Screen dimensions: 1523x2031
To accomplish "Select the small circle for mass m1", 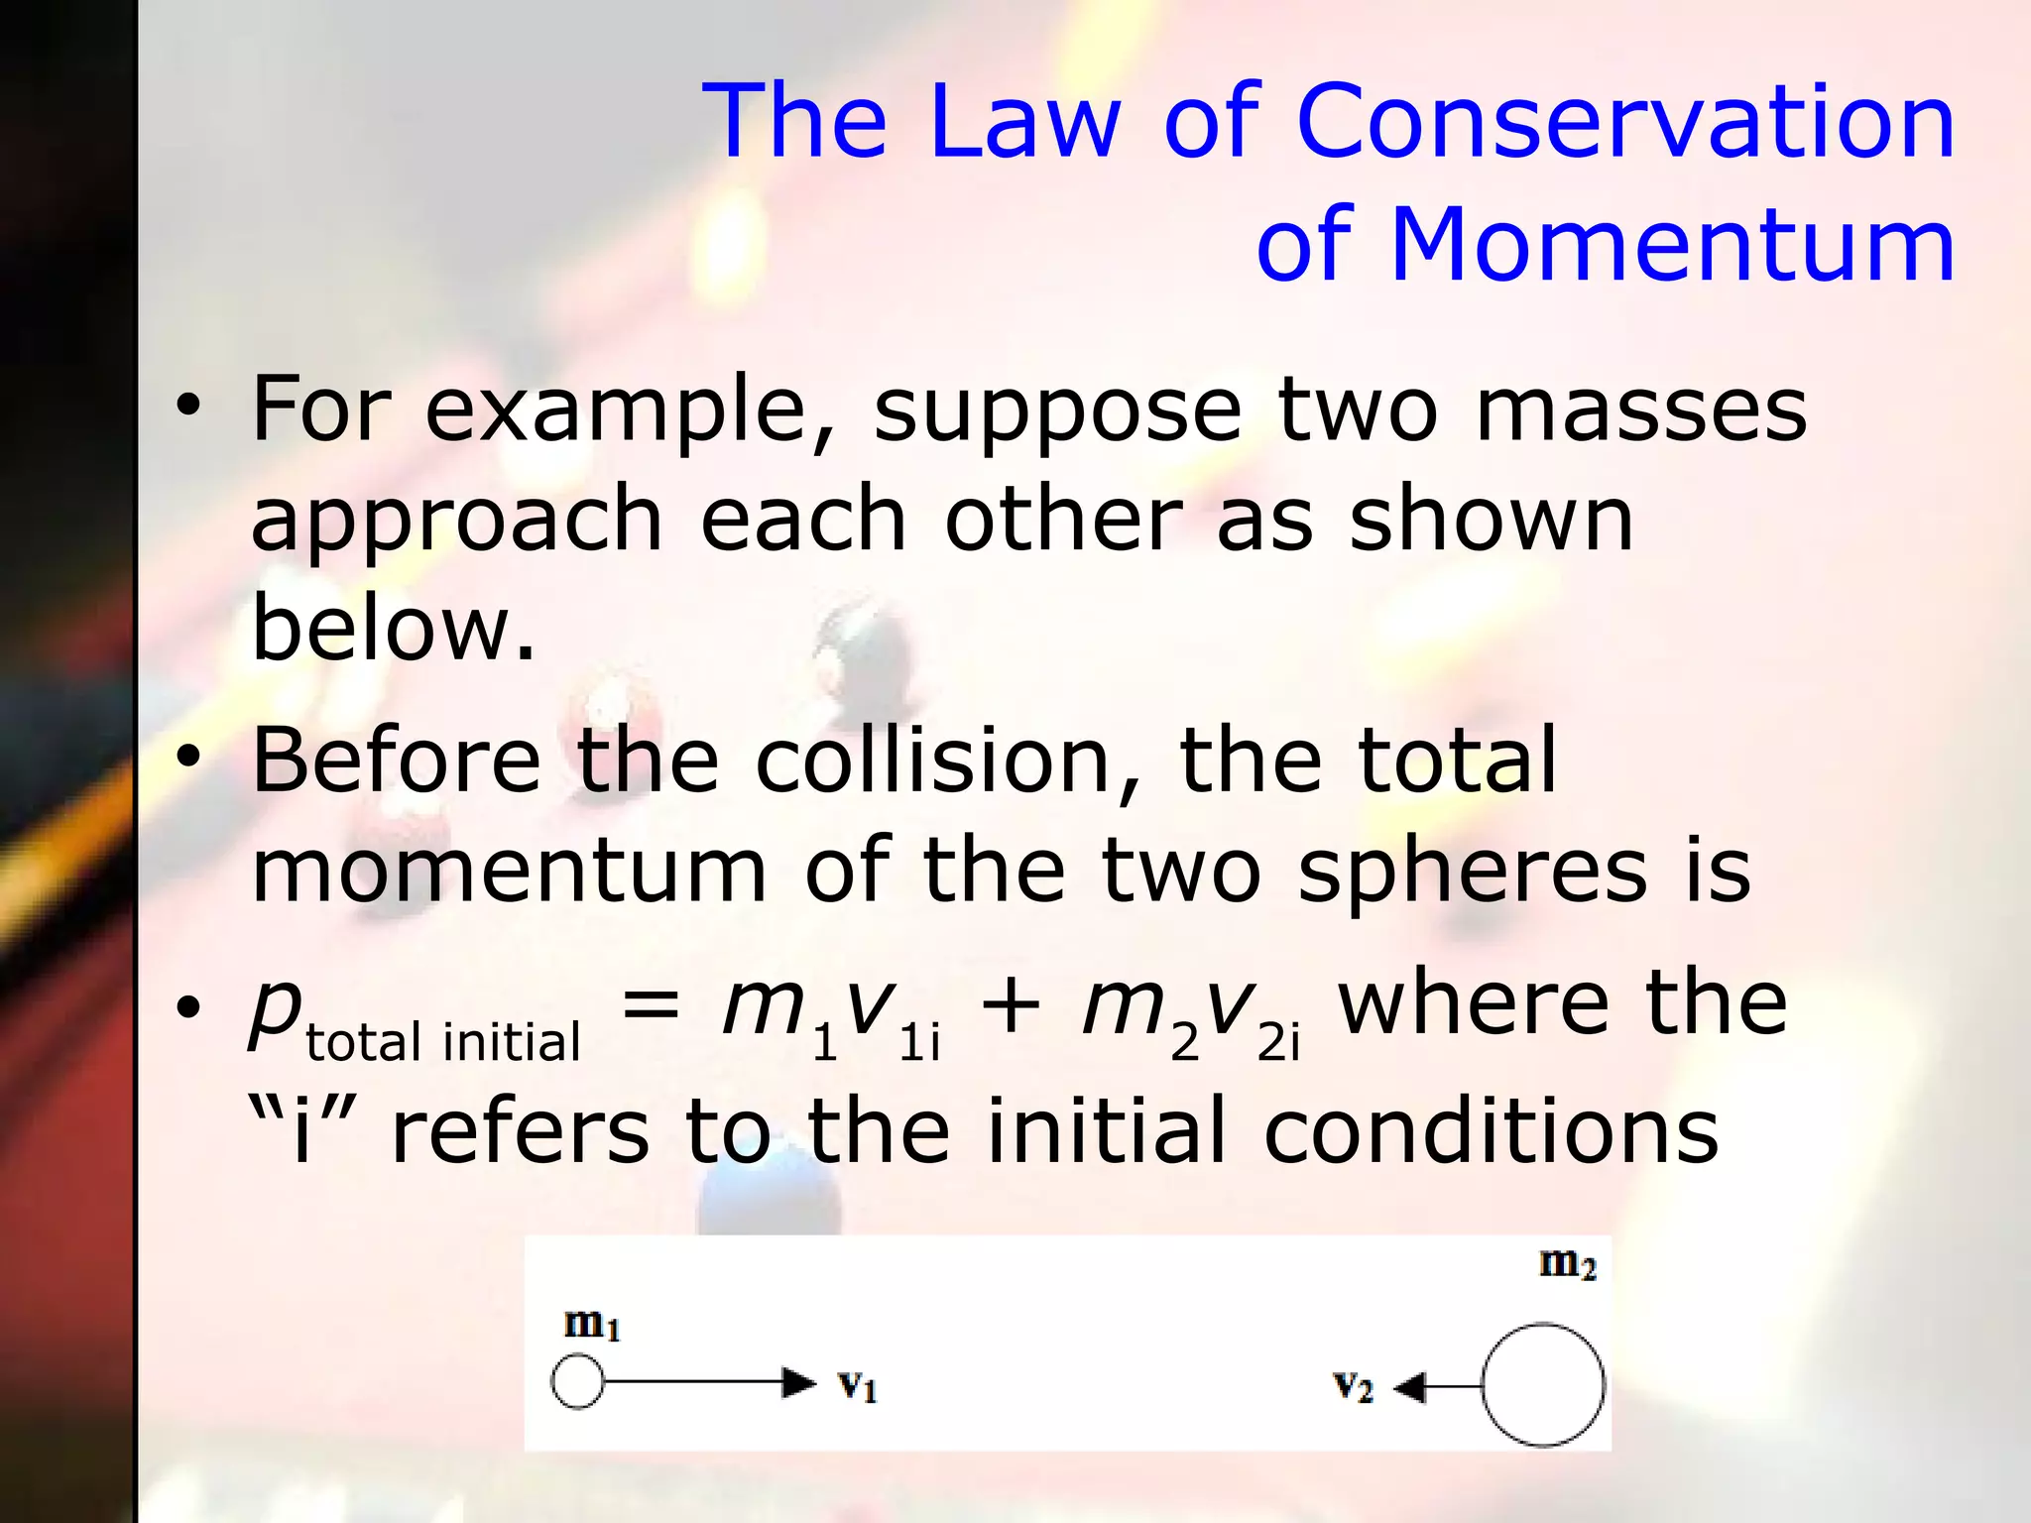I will coord(577,1382).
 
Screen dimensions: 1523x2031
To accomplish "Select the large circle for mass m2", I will coord(1543,1385).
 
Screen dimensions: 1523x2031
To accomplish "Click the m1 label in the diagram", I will coord(591,1324).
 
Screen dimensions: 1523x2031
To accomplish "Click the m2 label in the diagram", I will coord(1567,1263).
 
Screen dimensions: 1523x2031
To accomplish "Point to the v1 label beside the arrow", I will coord(857,1384).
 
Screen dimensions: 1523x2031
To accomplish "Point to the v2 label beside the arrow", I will coord(1353,1385).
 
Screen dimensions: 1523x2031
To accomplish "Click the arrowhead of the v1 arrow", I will coord(798,1382).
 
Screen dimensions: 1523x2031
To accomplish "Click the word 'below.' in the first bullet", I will coord(394,628).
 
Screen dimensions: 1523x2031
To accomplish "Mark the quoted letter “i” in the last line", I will coord(301,1129).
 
